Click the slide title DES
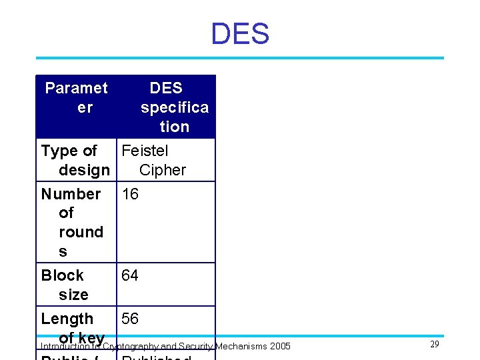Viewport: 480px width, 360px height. pyautogui.click(x=240, y=34)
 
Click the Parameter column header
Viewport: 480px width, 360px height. pyautogui.click(x=76, y=97)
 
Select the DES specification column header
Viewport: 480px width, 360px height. pyautogui.click(x=167, y=107)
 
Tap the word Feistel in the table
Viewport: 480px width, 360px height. pyautogui.click(x=145, y=151)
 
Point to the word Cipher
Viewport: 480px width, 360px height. pyautogui.click(x=163, y=170)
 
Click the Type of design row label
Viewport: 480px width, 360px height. pyautogui.click(x=75, y=160)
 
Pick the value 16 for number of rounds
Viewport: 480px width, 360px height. pyautogui.click(x=129, y=194)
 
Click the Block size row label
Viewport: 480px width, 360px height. pyautogui.click(x=65, y=285)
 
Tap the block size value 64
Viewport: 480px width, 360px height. pyautogui.click(x=129, y=275)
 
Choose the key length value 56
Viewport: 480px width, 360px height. pyautogui.click(x=129, y=319)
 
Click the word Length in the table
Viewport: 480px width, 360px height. pyautogui.click(x=67, y=319)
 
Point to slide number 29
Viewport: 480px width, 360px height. pyautogui.click(x=435, y=344)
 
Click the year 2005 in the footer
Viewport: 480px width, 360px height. pyautogui.click(x=279, y=346)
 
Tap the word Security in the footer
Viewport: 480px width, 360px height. pyautogui.click(x=195, y=346)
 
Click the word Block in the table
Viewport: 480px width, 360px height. pyautogui.click(x=62, y=275)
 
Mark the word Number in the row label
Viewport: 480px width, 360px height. pyautogui.click(x=71, y=194)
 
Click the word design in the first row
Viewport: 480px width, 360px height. pyautogui.click(x=84, y=170)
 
